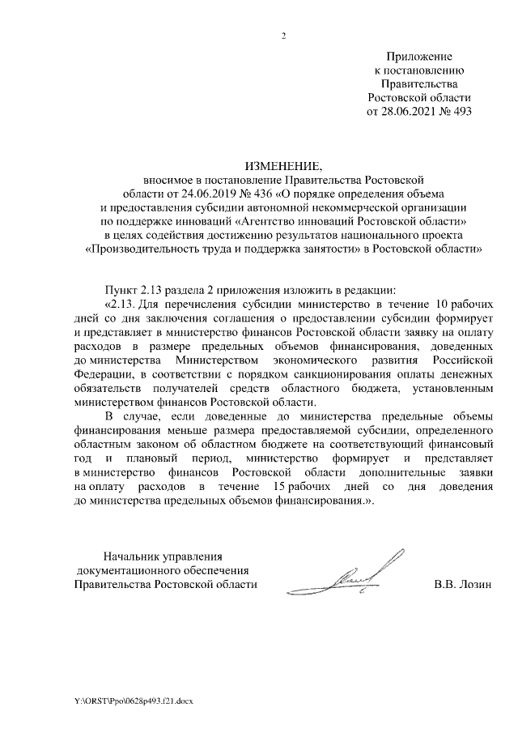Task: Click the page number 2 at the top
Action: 283,36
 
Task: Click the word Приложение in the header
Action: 418,57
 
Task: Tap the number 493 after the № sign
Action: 461,111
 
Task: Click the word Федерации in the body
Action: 101,373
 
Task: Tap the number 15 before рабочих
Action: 282,488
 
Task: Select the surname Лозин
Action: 473,584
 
